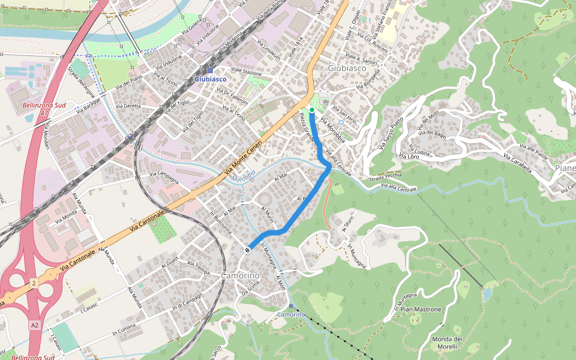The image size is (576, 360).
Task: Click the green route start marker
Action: coord(312,110)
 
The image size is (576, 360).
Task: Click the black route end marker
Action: coord(247,250)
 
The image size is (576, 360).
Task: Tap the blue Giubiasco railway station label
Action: coord(211,79)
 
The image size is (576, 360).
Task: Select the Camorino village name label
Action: coord(240,275)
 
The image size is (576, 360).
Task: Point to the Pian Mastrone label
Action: coord(421,310)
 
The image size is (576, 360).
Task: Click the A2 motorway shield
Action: coord(35,325)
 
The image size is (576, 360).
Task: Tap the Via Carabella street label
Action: coord(517,163)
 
